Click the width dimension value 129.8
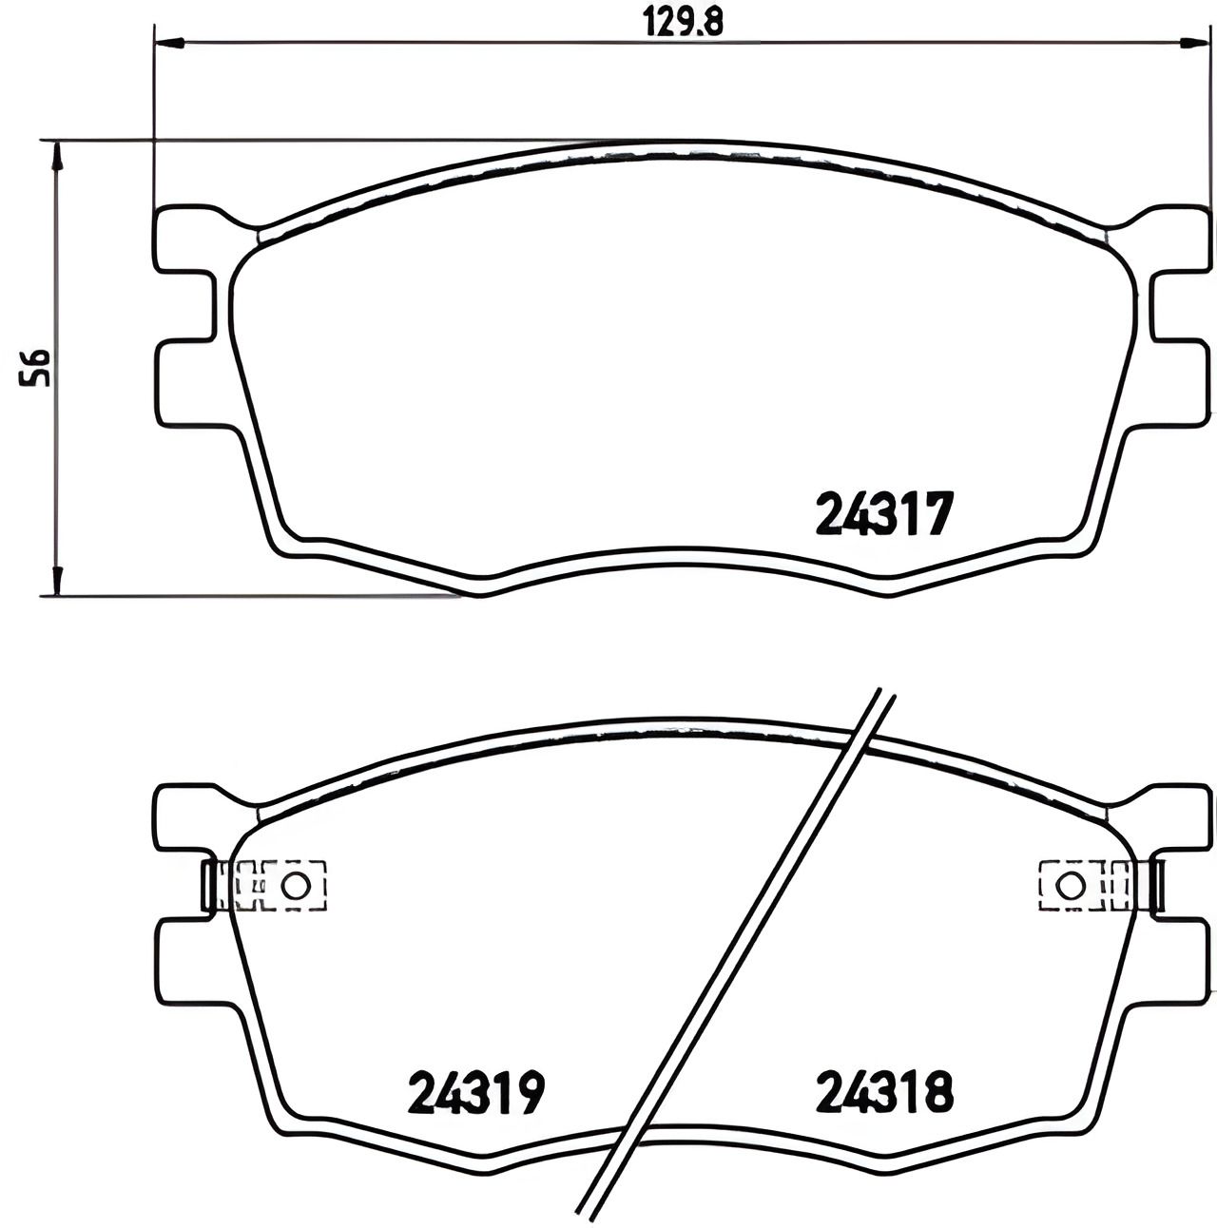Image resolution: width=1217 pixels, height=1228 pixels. point(682,21)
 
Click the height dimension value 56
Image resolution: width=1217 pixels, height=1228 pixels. point(36,367)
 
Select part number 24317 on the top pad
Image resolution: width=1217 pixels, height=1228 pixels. point(883,514)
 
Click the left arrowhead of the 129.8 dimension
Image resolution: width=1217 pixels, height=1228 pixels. point(167,42)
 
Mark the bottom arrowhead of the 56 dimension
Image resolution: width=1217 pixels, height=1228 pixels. point(58,582)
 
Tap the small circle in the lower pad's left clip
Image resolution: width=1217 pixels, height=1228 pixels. point(296,886)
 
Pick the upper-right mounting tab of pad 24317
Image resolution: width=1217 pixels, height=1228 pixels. point(1179,238)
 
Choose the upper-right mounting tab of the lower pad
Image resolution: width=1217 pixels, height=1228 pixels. point(1179,817)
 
